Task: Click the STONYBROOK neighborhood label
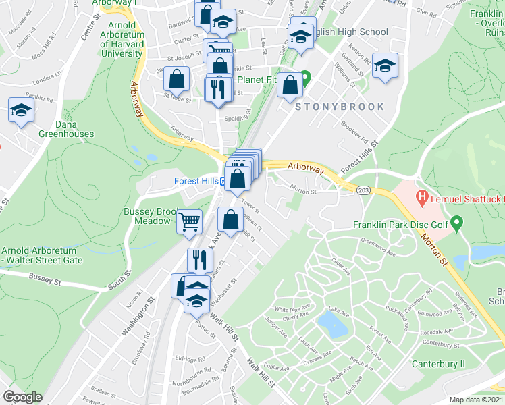338,107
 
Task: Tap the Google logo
22,397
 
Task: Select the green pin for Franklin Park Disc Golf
456,221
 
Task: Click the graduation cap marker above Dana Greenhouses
21,110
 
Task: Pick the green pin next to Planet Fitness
305,77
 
